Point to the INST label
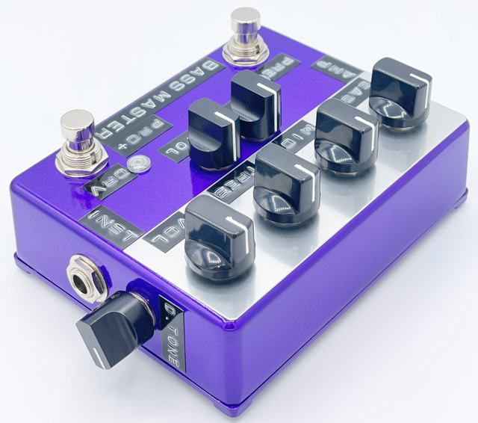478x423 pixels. click(x=103, y=221)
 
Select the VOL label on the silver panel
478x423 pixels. click(x=170, y=234)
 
